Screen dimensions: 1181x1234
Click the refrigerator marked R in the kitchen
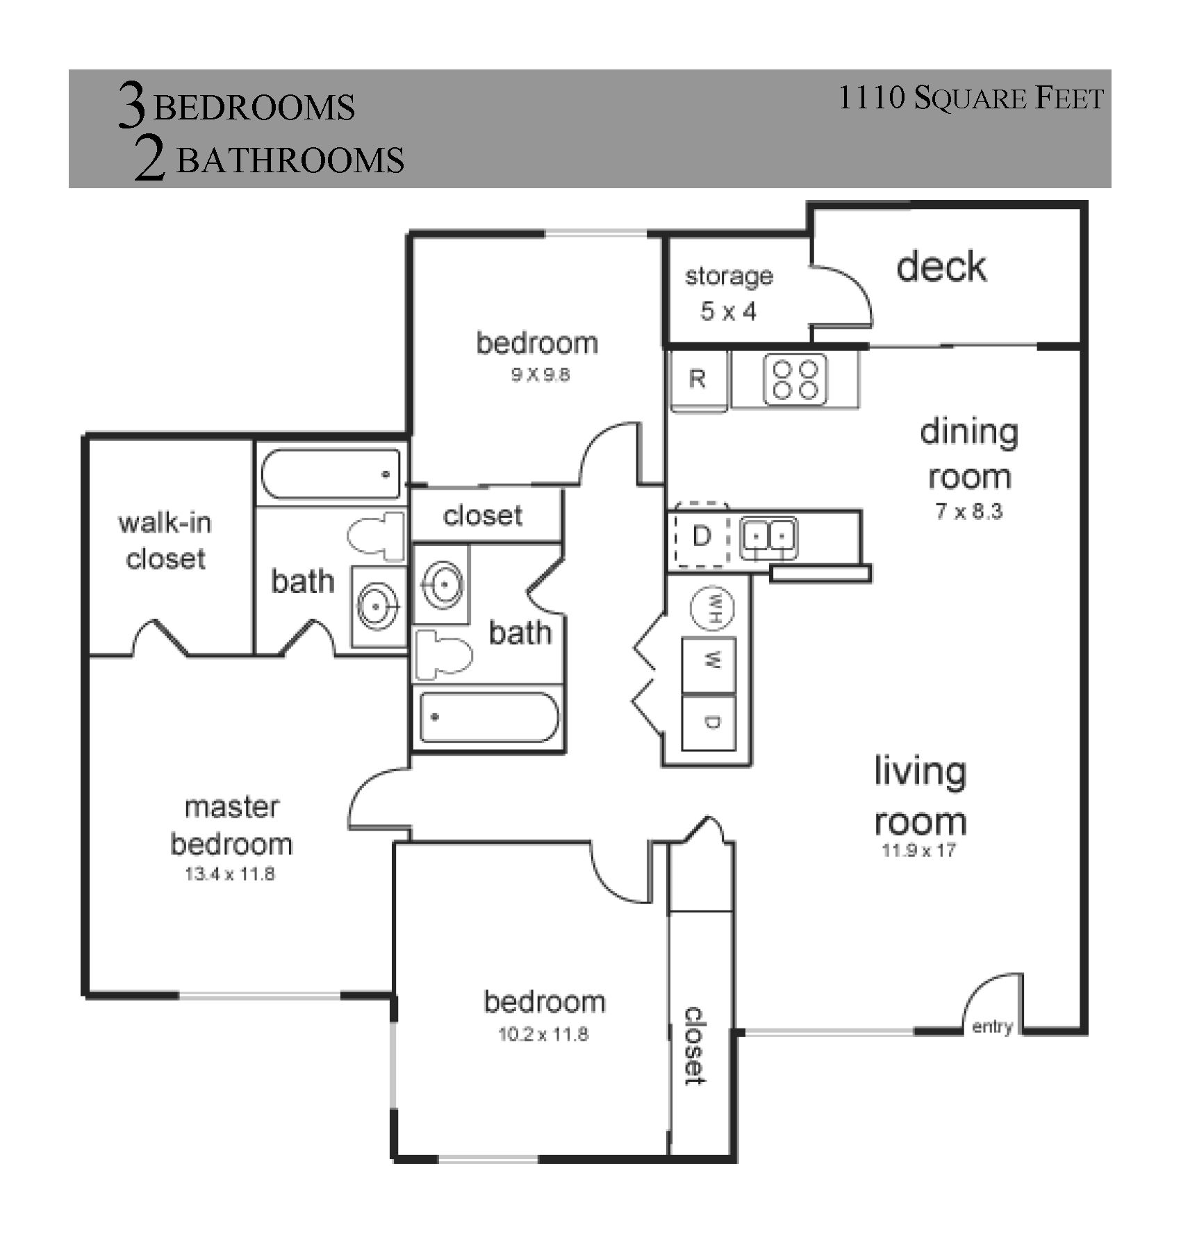click(699, 380)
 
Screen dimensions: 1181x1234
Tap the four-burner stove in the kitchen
click(795, 379)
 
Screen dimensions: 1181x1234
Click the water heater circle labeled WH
click(712, 608)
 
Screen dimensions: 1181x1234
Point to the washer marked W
click(709, 665)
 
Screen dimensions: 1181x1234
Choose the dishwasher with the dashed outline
click(701, 535)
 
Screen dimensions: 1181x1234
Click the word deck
click(941, 267)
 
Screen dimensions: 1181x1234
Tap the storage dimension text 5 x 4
click(728, 311)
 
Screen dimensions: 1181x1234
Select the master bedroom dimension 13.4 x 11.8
click(230, 874)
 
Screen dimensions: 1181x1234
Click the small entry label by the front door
click(992, 1026)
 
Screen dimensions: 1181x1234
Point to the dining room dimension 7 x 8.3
click(968, 512)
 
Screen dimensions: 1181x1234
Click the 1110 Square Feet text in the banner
click(971, 98)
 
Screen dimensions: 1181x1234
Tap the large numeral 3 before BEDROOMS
click(132, 105)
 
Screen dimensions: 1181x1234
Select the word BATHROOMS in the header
click(290, 160)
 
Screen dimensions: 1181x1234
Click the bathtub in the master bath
click(331, 474)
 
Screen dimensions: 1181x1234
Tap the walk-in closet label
click(165, 541)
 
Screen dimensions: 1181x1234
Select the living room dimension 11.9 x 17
click(919, 850)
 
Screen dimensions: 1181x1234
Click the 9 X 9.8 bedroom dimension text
click(540, 375)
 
